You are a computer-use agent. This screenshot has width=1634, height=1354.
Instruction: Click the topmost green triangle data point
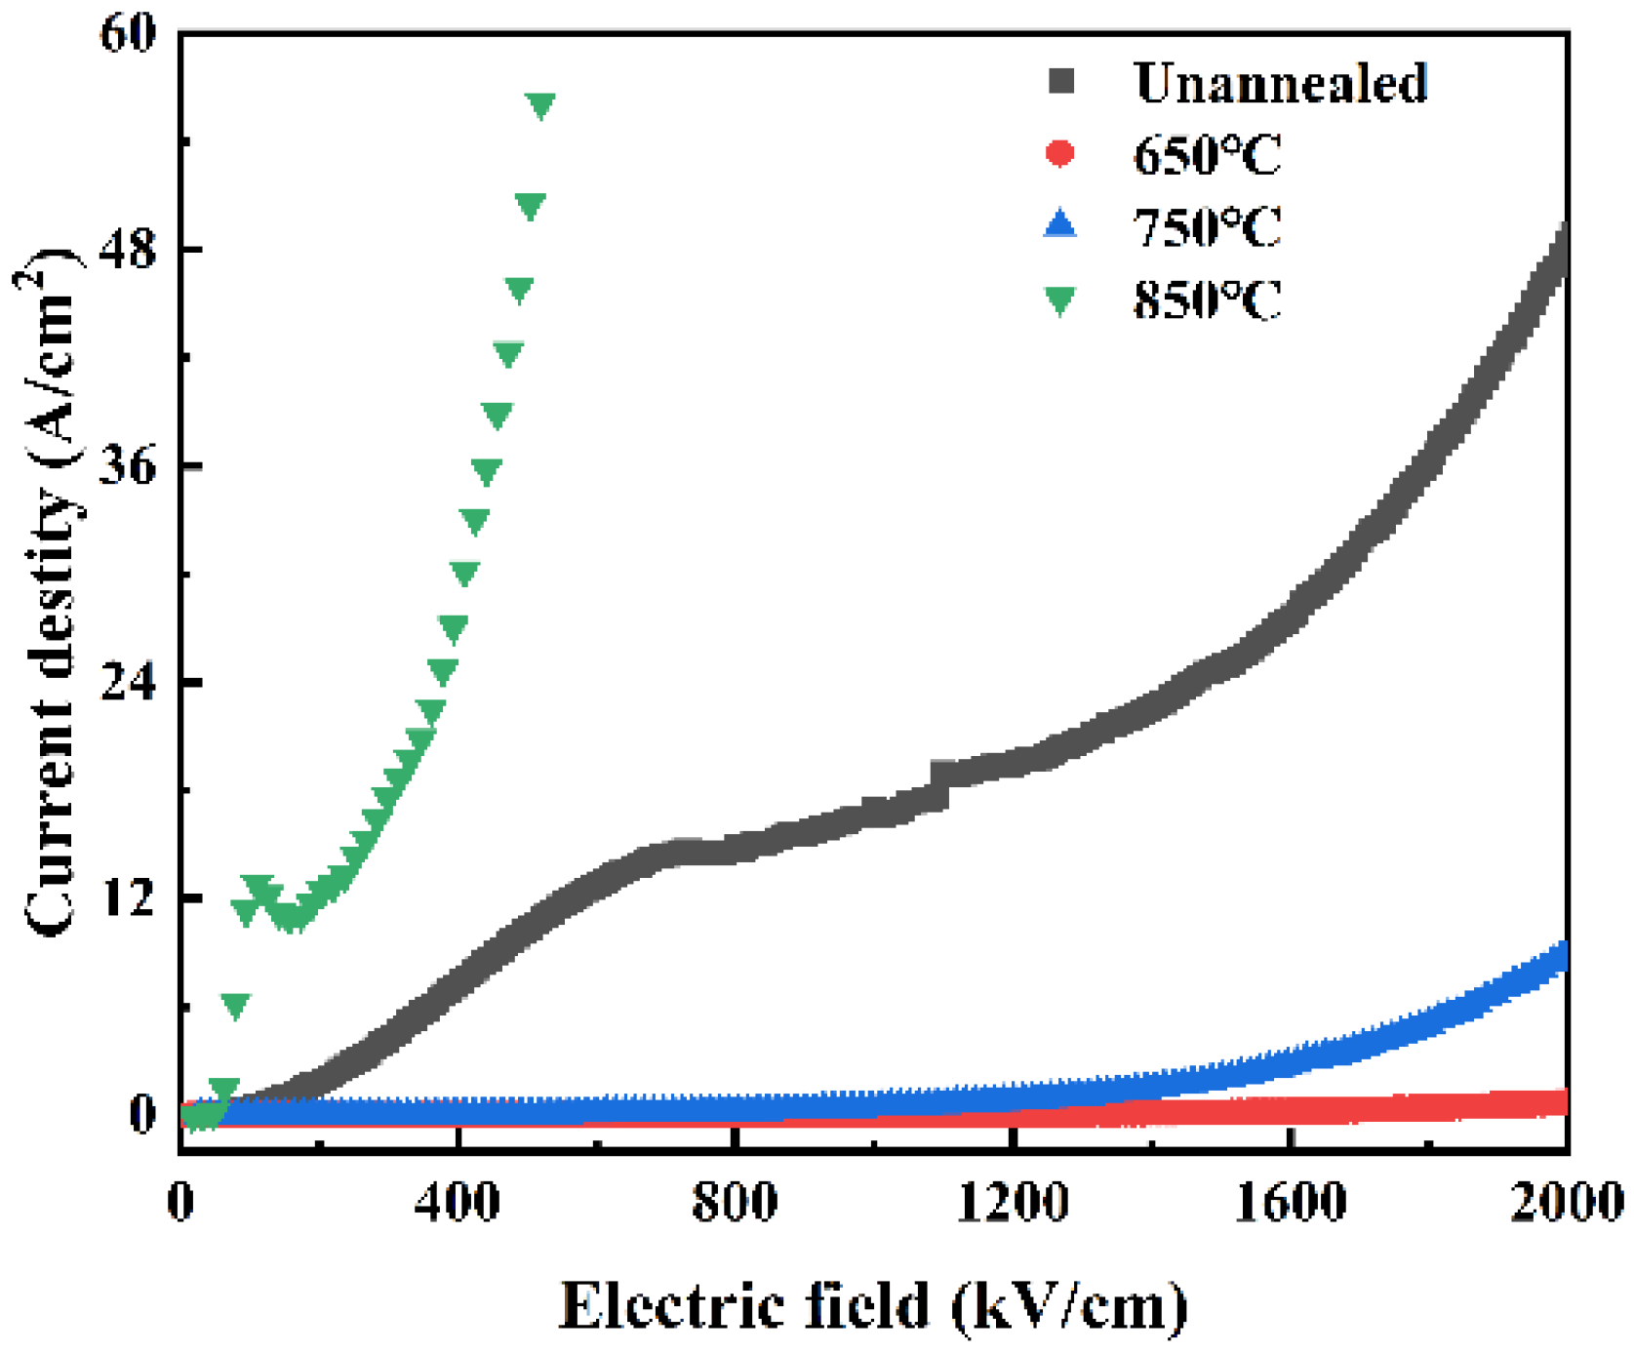coord(540,105)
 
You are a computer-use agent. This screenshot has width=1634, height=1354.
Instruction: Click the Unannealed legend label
coord(1280,82)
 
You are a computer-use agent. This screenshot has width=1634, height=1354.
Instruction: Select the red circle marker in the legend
coord(1060,154)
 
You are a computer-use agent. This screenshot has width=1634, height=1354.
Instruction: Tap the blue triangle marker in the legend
coord(1060,225)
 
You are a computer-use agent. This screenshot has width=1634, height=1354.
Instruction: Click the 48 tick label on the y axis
coord(128,250)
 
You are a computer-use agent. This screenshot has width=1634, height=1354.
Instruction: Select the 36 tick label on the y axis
coord(128,466)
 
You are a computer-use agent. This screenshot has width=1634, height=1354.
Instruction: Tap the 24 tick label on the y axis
coord(128,682)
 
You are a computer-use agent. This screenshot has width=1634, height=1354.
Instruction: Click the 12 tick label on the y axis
coord(128,897)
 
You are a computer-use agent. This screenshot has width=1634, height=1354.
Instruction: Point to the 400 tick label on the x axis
coord(458,1202)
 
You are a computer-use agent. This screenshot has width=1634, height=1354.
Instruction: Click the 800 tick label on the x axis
coord(735,1202)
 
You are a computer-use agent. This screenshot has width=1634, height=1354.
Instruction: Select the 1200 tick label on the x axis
coord(1013,1202)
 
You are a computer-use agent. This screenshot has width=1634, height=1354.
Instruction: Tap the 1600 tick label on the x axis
coord(1291,1202)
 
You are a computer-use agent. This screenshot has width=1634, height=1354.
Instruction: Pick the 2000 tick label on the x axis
coord(1567,1202)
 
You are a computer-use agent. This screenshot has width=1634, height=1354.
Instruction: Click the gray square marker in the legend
coord(1060,82)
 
